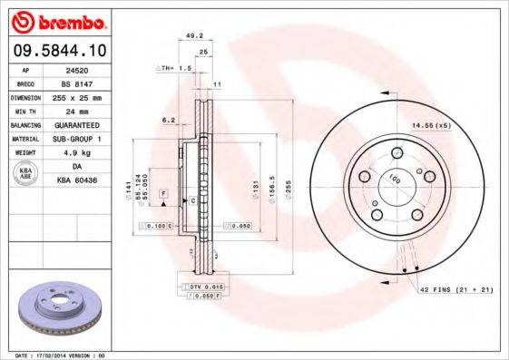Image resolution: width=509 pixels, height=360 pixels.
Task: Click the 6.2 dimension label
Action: pos(169,119)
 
